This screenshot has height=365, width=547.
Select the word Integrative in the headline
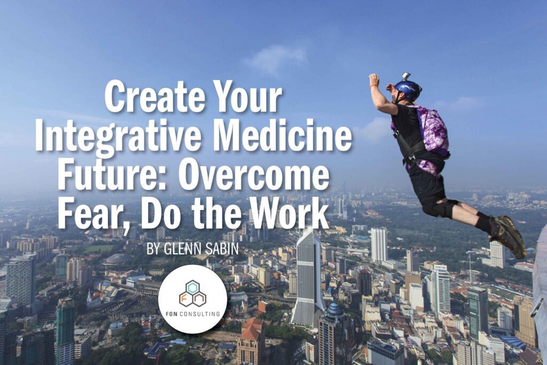coord(118,136)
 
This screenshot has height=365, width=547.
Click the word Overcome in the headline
coord(254,174)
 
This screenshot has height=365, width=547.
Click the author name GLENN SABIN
coord(192,249)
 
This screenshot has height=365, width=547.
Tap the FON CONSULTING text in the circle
coord(192,313)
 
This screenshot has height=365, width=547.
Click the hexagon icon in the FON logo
coord(192,294)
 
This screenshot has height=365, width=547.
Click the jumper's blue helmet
coord(408,90)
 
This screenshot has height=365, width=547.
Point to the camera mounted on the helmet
coord(406,76)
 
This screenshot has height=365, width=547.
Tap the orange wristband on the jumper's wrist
coord(374,86)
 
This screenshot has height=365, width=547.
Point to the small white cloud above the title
coord(276,58)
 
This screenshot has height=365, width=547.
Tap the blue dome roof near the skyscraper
coord(334,309)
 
